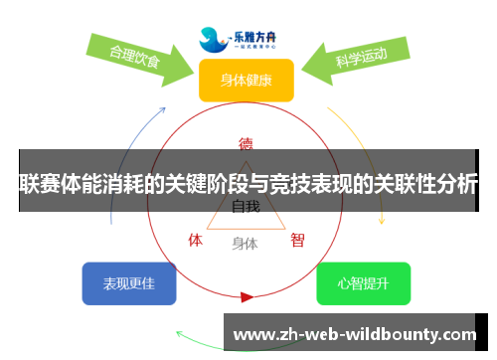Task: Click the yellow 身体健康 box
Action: pos(246,80)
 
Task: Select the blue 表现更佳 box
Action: pos(129,283)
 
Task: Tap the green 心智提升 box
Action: pos(363,283)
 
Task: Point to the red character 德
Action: pos(246,142)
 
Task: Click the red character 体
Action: pos(196,240)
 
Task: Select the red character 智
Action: pos(297,240)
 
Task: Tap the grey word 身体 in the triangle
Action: pos(245,243)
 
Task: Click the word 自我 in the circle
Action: pos(246,207)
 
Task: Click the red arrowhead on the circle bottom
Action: pos(247,296)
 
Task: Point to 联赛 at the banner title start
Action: pos(39,184)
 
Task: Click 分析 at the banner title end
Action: pos(458,184)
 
